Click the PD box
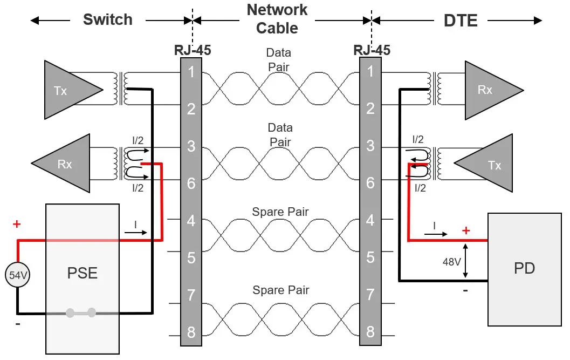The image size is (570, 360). (524, 268)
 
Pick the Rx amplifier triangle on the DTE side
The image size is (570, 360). (488, 90)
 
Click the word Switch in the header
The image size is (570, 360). (107, 20)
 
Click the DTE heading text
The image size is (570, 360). (460, 21)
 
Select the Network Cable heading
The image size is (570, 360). (277, 18)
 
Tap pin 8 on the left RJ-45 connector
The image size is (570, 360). (191, 332)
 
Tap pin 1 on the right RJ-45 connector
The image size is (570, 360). (370, 71)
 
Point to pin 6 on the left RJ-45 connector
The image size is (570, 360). (191, 183)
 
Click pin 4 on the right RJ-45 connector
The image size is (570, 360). (370, 220)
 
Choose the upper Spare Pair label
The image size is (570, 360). (280, 212)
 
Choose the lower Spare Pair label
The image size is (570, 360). (280, 290)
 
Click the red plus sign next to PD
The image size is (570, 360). (466, 230)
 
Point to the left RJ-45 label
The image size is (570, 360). (192, 51)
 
